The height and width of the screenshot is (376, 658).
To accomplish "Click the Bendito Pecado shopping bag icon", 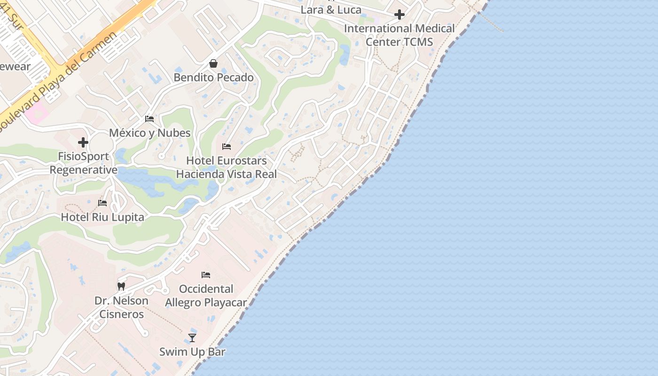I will pyautogui.click(x=213, y=63).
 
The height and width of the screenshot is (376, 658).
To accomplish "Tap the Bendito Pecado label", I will pyautogui.click(x=213, y=78).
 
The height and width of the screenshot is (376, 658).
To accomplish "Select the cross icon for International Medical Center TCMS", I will pyautogui.click(x=399, y=15).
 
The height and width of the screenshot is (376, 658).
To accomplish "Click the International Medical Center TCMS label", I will pyautogui.click(x=399, y=35).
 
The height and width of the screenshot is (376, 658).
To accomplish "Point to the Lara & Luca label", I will pyautogui.click(x=331, y=10).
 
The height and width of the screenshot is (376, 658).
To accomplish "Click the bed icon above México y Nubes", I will pyautogui.click(x=149, y=119).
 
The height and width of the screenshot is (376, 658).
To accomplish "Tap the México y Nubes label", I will pyautogui.click(x=149, y=133).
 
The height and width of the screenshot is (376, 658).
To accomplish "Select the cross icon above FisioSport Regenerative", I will pyautogui.click(x=83, y=142).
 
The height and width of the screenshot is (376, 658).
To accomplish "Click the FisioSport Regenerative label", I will pyautogui.click(x=83, y=163).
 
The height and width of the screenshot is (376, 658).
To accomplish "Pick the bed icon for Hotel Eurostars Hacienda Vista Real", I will pyautogui.click(x=227, y=147).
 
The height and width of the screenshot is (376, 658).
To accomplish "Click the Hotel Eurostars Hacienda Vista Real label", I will pyautogui.click(x=227, y=167).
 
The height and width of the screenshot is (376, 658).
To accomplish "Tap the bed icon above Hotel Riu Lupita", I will pyautogui.click(x=102, y=203).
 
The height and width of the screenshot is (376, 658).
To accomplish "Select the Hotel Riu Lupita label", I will pyautogui.click(x=102, y=217).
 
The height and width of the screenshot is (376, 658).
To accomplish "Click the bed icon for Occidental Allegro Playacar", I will pyautogui.click(x=206, y=275).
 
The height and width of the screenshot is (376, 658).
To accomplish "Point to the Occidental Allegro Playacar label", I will pyautogui.click(x=206, y=296).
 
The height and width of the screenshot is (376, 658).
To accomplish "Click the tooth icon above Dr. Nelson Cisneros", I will pyautogui.click(x=121, y=286).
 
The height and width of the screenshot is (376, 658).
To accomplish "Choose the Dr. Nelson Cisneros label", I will pyautogui.click(x=121, y=307).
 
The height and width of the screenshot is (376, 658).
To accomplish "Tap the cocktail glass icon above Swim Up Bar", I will pyautogui.click(x=192, y=337).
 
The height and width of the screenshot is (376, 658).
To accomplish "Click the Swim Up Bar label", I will pyautogui.click(x=192, y=352).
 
